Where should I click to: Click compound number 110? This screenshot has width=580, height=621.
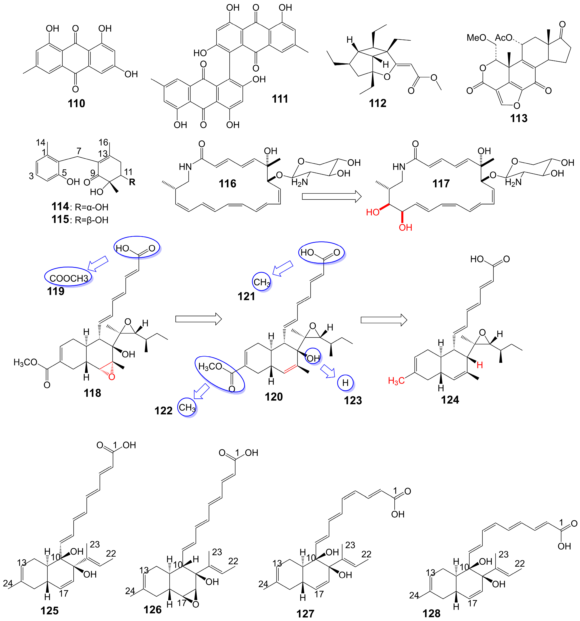click(77, 103)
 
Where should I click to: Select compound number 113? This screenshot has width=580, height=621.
click(518, 118)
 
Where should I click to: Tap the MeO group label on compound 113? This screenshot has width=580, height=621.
click(476, 38)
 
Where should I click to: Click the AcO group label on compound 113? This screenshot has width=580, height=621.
click(503, 38)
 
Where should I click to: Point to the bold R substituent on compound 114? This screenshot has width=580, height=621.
click(132, 182)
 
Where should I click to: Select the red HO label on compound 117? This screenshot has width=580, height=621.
click(373, 212)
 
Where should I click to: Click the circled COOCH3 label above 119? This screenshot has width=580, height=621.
click(69, 278)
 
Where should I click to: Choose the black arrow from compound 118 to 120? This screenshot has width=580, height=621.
click(198, 319)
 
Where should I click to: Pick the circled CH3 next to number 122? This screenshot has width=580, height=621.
click(187, 407)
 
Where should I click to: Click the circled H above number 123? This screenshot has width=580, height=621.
click(345, 383)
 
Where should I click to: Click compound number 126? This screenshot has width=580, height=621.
click(153, 609)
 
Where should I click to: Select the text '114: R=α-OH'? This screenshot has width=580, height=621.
click(80, 207)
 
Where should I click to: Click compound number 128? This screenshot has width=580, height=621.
click(431, 613)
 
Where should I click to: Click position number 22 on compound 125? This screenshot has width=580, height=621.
click(111, 553)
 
